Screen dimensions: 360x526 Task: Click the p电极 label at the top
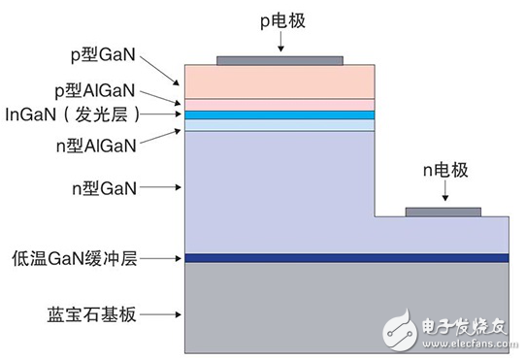(279, 16)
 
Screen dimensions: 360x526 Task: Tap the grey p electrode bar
(279, 60)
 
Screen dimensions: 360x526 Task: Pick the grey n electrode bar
(443, 212)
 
